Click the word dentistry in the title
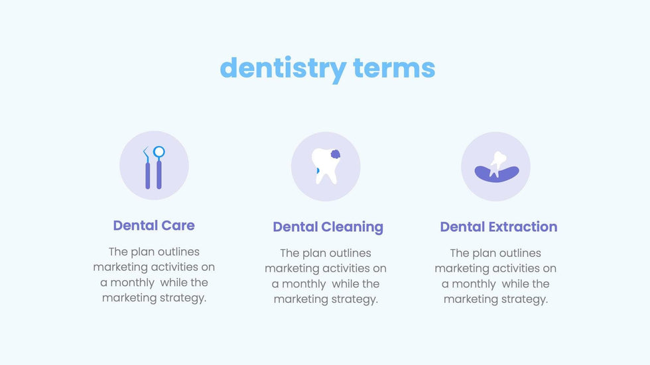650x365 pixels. [x=283, y=69]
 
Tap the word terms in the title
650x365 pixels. [x=394, y=68]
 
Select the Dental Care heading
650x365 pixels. [x=154, y=225]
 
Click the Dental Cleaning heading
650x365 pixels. [x=328, y=227]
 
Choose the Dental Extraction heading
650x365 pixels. [x=499, y=227]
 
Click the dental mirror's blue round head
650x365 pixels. [x=159, y=152]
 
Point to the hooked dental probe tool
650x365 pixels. [x=147, y=168]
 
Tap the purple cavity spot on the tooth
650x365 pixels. [x=336, y=154]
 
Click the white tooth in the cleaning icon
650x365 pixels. [x=326, y=166]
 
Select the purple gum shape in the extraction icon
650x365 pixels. [x=497, y=174]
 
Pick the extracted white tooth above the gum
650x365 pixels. [x=497, y=164]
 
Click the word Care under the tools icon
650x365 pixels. [x=178, y=225]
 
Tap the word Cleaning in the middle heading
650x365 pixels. [x=352, y=227]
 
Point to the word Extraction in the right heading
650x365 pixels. [x=523, y=227]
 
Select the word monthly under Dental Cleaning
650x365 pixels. [x=304, y=284]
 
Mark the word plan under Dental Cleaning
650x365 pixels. [x=314, y=254]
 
